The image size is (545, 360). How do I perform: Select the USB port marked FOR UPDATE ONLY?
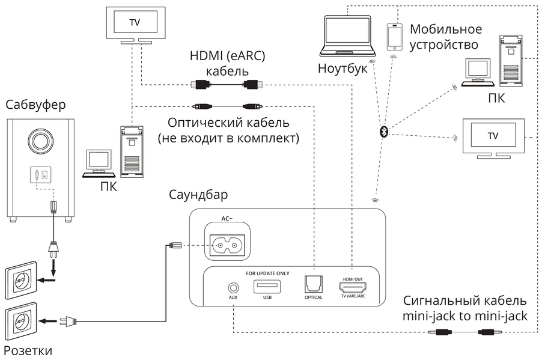tap(267, 287)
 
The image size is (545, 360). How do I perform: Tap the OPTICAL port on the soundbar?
tap(314, 285)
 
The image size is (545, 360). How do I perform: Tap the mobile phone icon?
tap(394, 37)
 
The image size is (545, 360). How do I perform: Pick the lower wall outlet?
tap(22, 323)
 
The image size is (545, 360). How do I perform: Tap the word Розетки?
tap(28, 350)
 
